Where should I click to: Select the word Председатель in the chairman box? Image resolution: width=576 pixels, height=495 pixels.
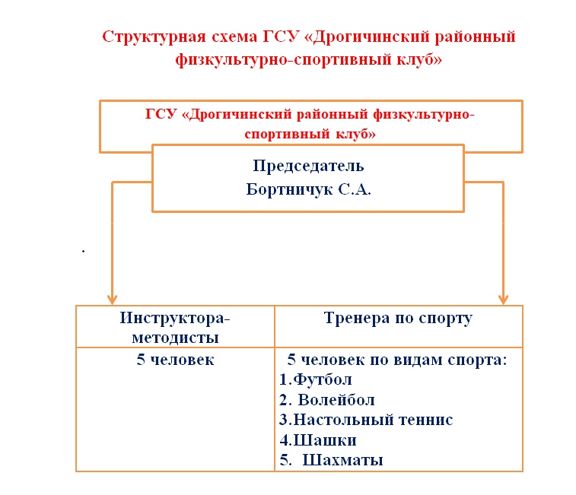tap(308, 165)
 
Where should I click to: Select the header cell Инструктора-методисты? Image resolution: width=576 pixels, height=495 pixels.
tap(175, 327)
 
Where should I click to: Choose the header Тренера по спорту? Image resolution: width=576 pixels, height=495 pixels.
tap(398, 319)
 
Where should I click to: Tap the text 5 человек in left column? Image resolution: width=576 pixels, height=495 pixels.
tap(175, 360)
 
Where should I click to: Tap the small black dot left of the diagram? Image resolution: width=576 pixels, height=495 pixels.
tap(82, 250)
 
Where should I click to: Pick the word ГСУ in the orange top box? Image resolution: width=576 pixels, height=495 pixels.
tap(161, 115)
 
